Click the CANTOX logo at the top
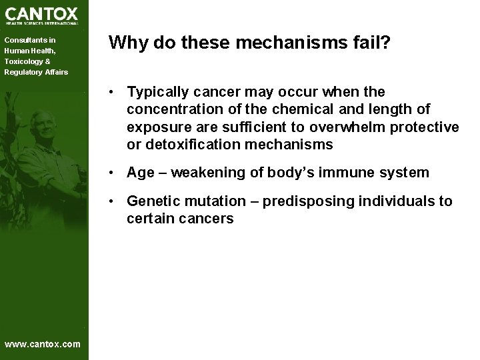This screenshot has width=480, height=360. point(41,15)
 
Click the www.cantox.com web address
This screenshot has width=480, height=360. point(42,344)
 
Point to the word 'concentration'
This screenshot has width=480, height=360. point(169,109)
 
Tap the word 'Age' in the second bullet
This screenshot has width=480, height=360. point(140,173)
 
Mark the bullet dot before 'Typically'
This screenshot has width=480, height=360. point(115,92)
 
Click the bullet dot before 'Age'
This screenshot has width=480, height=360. point(115,173)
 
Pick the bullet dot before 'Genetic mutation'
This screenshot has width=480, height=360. point(115,202)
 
